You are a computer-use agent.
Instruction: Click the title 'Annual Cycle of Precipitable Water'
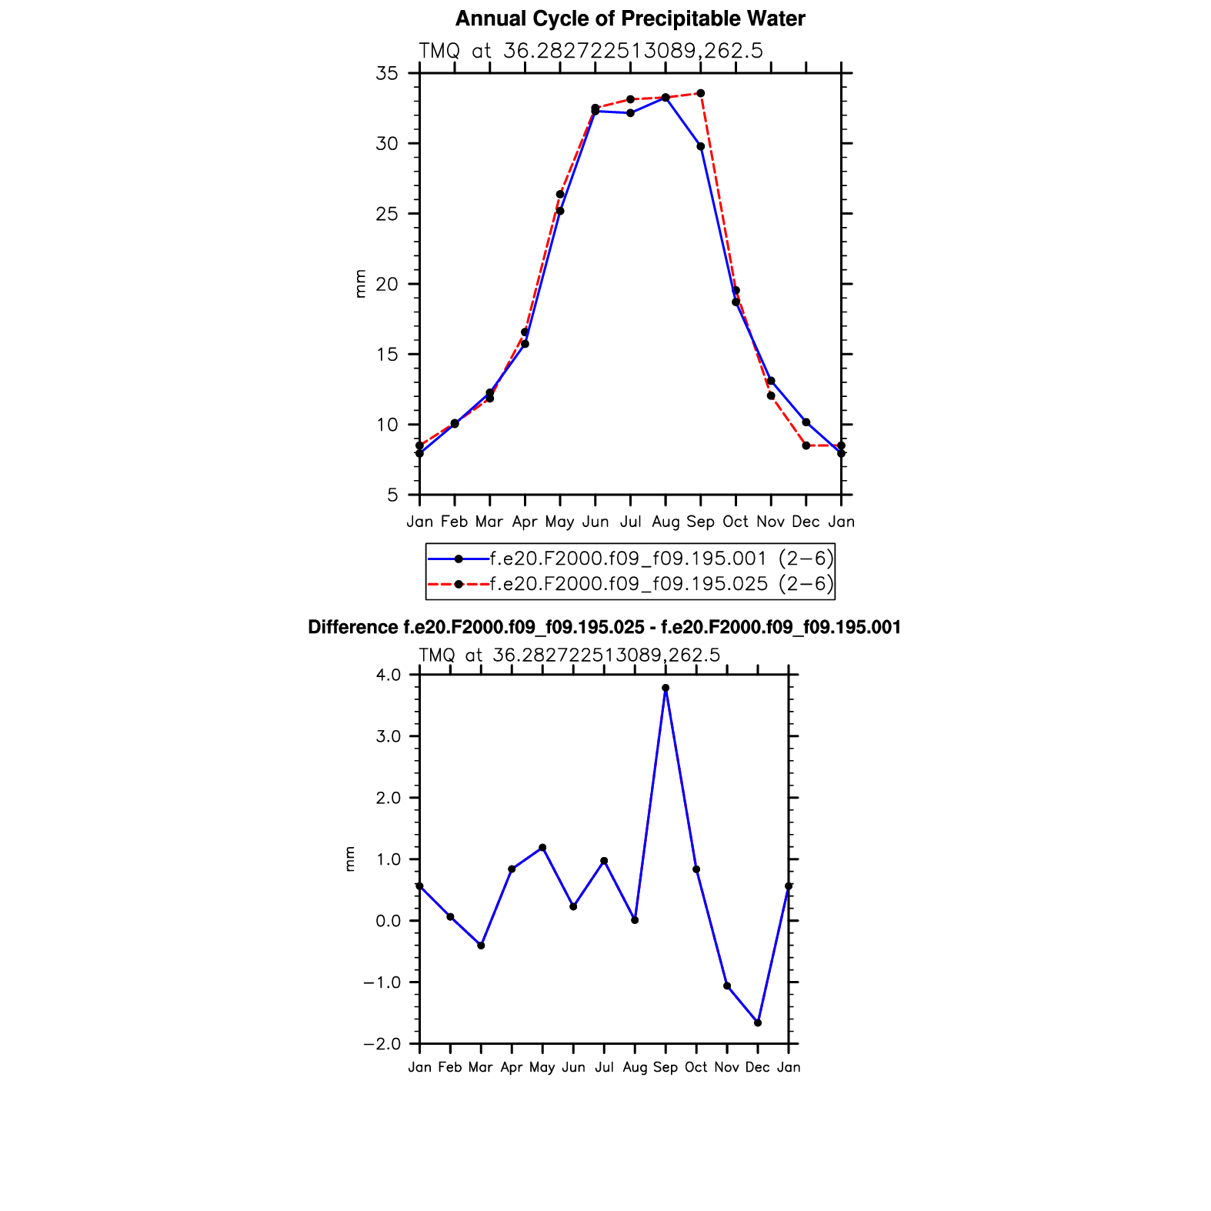tap(629, 19)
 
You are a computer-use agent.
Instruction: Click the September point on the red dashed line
tap(700, 93)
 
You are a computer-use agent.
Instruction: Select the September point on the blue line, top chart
tap(700, 146)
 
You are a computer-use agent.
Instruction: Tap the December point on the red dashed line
tap(806, 445)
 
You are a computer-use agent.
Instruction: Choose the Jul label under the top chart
tap(630, 522)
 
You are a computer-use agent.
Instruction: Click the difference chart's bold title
tap(604, 628)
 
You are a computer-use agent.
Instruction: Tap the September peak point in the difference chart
tap(666, 688)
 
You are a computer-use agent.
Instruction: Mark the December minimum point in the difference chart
tap(758, 1023)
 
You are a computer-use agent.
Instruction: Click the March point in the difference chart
tap(481, 946)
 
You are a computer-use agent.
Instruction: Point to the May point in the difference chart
tap(542, 848)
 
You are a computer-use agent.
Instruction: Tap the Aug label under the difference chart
tap(635, 1068)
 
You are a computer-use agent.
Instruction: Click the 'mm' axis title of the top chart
tap(360, 284)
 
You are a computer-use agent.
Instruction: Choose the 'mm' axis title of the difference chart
tap(350, 859)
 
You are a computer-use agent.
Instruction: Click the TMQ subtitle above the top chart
tap(590, 52)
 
